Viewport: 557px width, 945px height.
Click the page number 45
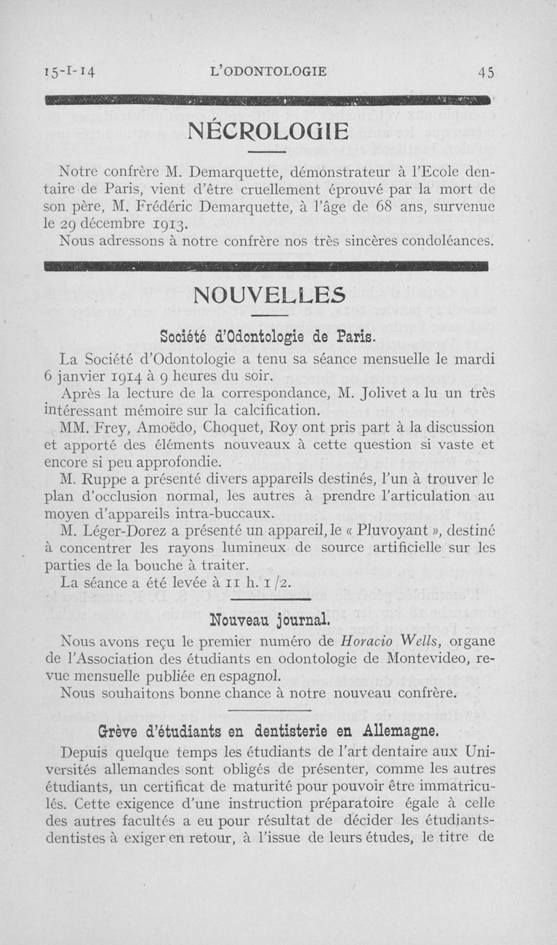485,72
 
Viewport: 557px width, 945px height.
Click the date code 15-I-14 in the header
69,71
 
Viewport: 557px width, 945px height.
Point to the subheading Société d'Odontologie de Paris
267,338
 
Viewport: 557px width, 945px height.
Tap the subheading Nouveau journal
269,619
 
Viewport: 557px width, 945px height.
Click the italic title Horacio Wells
382,639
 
